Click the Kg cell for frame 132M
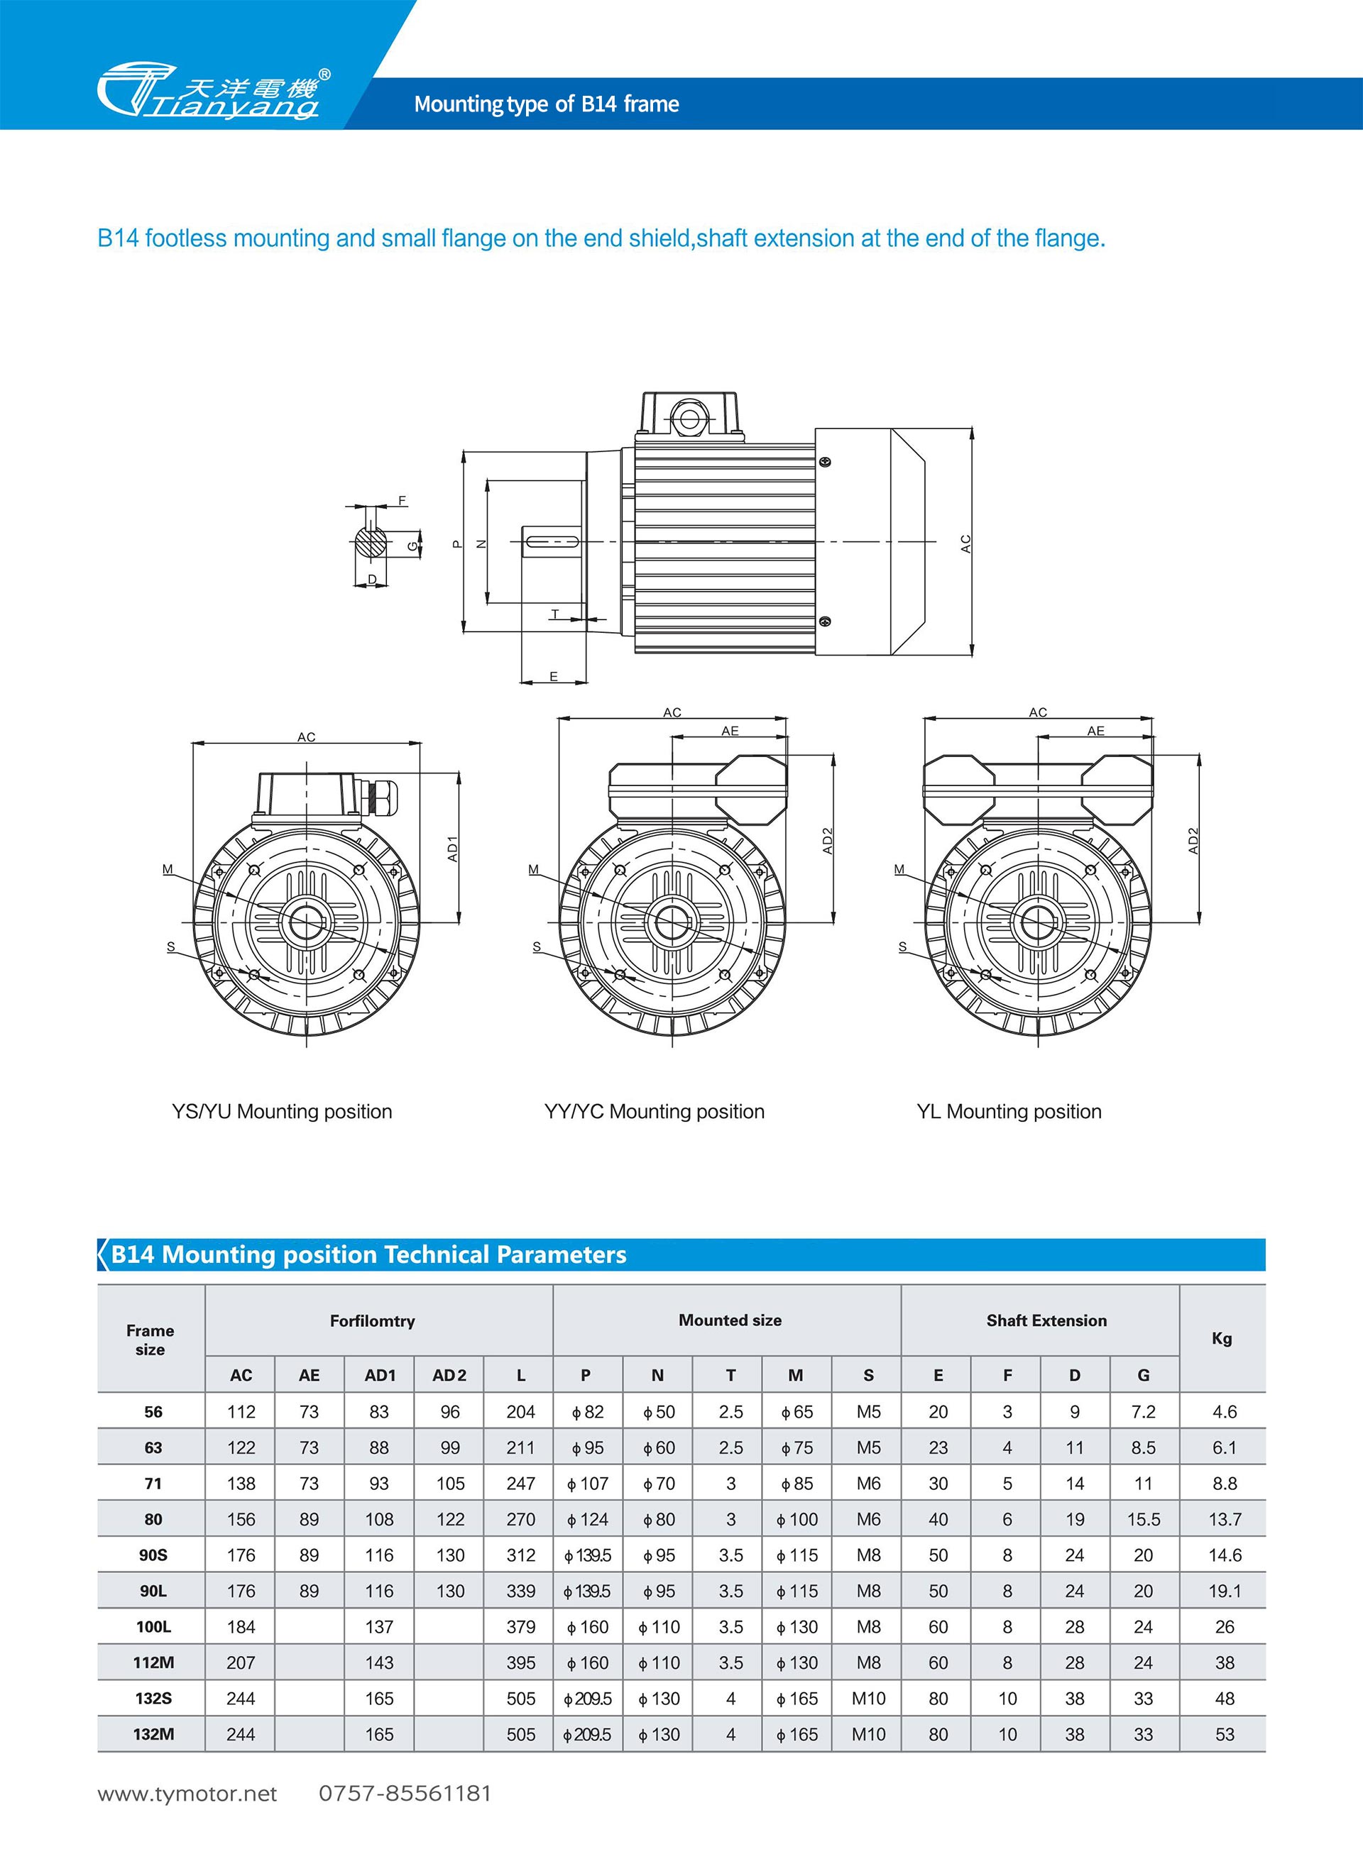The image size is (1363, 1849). (x=1224, y=1734)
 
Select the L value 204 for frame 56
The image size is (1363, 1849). (x=520, y=1412)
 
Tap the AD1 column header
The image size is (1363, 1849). (x=380, y=1375)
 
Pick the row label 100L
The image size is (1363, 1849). (x=153, y=1627)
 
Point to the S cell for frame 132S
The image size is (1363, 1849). (x=868, y=1699)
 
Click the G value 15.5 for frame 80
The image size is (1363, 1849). (x=1143, y=1519)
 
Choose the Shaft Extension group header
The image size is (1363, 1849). (x=1046, y=1320)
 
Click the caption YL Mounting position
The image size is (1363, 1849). (x=1008, y=1112)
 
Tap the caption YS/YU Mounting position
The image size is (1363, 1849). (x=281, y=1112)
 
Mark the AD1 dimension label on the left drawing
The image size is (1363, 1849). (x=452, y=849)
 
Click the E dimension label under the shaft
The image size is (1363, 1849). (x=554, y=676)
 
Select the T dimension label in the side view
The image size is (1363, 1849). (x=555, y=614)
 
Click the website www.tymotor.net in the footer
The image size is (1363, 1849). (x=187, y=1794)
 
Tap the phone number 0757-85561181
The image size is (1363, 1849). (x=405, y=1794)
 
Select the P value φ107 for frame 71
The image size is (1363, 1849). (x=588, y=1484)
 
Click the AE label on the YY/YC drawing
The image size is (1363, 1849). (x=729, y=731)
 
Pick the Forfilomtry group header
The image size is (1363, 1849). (x=372, y=1321)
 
